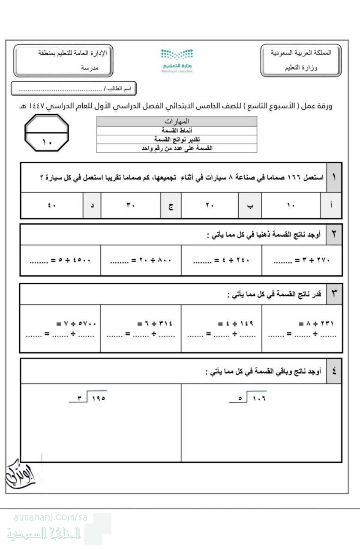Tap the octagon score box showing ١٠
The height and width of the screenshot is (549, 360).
coord(47,134)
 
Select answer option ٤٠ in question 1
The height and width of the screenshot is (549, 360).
coord(52,205)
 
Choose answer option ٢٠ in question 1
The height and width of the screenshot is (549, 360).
coord(210,205)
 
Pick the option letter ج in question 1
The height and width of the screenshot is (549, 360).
coord(171,205)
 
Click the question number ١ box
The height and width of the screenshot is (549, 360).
coord(334,177)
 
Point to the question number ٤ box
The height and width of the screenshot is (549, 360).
coord(334,371)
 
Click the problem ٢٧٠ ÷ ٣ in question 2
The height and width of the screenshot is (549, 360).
coord(302,260)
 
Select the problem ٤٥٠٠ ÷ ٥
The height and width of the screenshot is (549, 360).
coord(60,260)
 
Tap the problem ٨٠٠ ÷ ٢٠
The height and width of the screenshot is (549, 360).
coord(141,260)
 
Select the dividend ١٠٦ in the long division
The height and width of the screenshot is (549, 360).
coord(258,398)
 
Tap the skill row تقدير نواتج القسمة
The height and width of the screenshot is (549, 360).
coord(177,139)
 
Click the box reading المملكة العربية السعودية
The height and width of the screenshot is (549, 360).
coord(301,53)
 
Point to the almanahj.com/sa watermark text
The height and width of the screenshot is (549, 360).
coord(51,517)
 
